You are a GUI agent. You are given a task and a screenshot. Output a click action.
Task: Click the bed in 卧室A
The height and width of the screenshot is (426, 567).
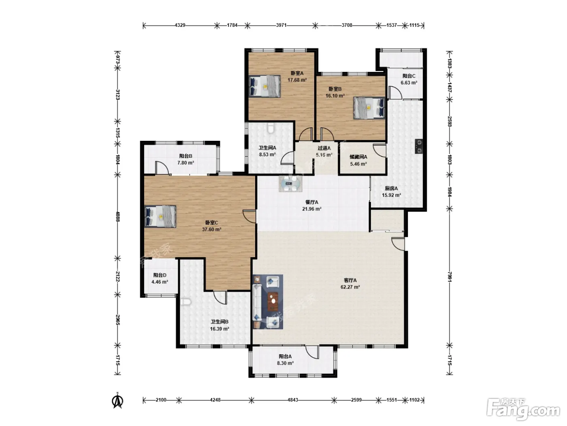[x=264, y=86]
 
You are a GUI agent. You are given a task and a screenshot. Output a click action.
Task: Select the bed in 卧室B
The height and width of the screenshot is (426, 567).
[x=369, y=108]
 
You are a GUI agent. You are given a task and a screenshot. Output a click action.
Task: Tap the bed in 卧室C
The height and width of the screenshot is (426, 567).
[x=160, y=217]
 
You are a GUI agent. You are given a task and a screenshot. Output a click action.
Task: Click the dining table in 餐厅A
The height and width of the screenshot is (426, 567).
[x=291, y=184]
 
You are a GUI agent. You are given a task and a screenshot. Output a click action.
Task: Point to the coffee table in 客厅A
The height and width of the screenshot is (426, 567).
[x=273, y=301]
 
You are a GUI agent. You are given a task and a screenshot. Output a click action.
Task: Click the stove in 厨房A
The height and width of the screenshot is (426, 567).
[x=419, y=146]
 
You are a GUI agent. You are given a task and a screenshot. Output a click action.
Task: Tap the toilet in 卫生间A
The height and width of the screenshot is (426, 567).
[x=271, y=128]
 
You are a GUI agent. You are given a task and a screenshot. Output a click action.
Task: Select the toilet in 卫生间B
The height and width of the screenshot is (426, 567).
[x=185, y=301]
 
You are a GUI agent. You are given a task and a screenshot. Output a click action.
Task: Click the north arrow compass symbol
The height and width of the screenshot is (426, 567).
[x=117, y=401]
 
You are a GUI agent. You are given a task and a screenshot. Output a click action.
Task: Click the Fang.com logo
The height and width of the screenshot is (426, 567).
[x=523, y=409]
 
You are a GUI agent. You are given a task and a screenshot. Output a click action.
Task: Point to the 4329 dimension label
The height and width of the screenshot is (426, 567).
[x=180, y=25]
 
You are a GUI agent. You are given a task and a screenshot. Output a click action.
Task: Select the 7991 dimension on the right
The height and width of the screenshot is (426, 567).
[x=450, y=277]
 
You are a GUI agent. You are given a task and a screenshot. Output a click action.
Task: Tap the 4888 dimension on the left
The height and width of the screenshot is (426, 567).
[x=117, y=217]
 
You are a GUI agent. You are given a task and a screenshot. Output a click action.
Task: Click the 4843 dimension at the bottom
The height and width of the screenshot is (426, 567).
[x=293, y=400]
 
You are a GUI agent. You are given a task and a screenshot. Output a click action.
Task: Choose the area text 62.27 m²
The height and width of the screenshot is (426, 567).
[x=350, y=287]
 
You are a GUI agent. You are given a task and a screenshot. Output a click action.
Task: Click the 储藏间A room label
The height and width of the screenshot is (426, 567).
[x=358, y=157]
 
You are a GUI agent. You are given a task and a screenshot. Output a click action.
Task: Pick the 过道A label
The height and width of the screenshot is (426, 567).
[x=324, y=148]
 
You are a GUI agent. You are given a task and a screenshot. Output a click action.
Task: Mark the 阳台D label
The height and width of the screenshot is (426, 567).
[x=160, y=275]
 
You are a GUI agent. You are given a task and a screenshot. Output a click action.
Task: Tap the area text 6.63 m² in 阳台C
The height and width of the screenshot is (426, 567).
[x=409, y=83]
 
